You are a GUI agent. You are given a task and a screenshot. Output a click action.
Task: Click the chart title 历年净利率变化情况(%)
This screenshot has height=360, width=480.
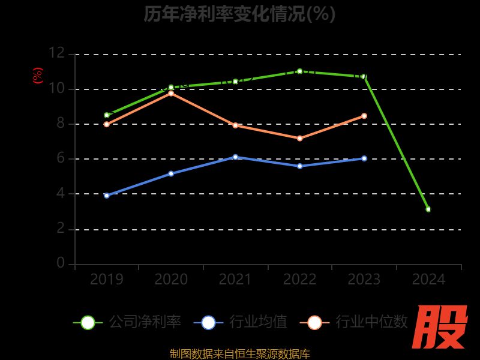(239, 13)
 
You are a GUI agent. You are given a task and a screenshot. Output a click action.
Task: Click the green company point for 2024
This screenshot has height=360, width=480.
(428, 209)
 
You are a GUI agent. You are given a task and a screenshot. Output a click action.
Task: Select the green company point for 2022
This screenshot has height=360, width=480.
(299, 71)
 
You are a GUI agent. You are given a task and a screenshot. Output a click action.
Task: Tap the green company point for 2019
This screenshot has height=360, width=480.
(107, 115)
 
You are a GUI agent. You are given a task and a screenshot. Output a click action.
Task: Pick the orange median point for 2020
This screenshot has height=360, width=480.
(171, 94)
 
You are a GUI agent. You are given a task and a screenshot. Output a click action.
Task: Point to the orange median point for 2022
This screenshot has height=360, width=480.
(299, 139)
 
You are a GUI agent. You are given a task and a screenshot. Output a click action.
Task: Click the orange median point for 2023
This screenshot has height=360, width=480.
(364, 116)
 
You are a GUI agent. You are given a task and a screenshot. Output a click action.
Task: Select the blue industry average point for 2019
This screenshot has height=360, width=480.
(107, 196)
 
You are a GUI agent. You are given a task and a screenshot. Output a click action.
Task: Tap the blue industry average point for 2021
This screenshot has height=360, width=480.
(235, 157)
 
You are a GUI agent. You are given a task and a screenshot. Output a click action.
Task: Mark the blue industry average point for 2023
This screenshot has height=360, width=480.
(364, 158)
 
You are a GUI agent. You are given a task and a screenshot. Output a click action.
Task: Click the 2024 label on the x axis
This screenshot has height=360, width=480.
(428, 280)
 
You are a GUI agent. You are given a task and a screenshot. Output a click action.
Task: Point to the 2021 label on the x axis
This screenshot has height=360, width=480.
(235, 280)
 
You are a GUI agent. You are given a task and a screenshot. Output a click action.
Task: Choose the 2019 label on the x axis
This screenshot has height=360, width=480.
(107, 280)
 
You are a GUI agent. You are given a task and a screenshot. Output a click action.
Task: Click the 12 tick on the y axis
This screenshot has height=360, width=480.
(56, 53)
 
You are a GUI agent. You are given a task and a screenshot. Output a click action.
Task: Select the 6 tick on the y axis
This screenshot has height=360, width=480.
(60, 158)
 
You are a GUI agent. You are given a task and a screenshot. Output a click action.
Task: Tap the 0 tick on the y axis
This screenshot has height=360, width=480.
(60, 263)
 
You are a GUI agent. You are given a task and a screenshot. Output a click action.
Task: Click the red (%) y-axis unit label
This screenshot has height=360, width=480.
(38, 76)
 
